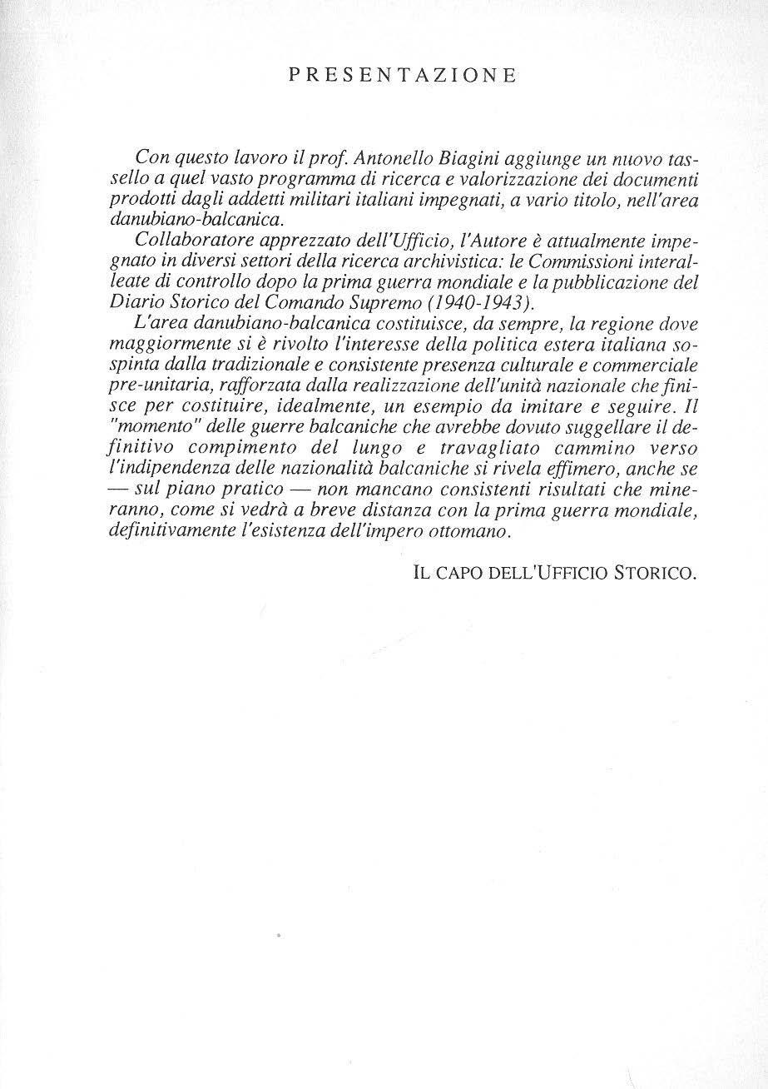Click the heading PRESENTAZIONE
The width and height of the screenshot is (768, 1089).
pyautogui.click(x=402, y=76)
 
